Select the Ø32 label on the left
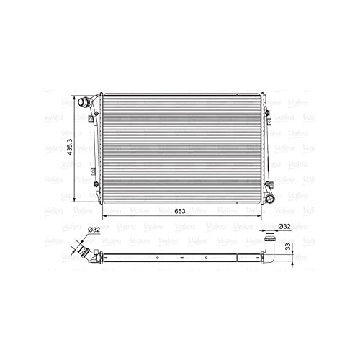[93, 230]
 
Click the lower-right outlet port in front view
[271, 197]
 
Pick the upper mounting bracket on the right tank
[270, 115]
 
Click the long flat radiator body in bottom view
[180, 256]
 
